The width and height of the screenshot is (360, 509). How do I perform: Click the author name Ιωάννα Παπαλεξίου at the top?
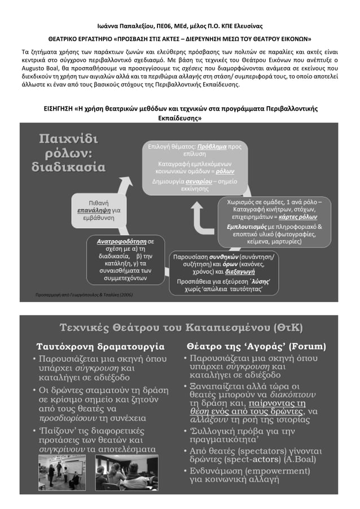pyautogui.click(x=130, y=26)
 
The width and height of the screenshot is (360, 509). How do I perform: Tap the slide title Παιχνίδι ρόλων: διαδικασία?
pyautogui.click(x=68, y=152)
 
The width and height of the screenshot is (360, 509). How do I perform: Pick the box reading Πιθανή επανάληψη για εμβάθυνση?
pyautogui.click(x=99, y=210)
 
